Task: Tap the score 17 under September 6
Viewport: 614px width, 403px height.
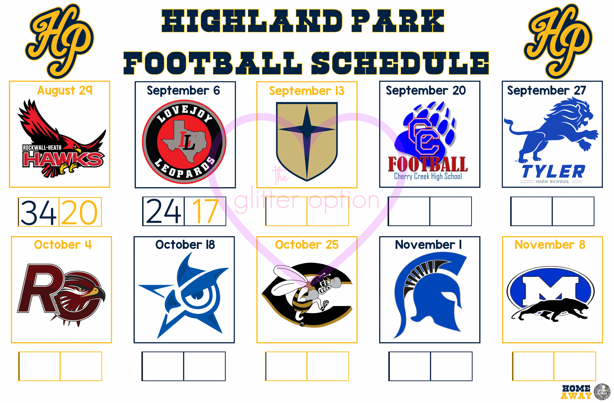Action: (x=205, y=211)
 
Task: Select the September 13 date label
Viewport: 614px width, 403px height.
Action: (x=307, y=91)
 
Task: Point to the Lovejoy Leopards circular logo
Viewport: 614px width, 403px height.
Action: (x=184, y=142)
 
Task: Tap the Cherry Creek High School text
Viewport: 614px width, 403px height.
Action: (x=428, y=176)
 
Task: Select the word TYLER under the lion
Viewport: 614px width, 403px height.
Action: (x=553, y=172)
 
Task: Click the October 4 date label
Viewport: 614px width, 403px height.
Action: (x=63, y=245)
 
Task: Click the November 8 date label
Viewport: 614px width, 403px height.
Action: (x=550, y=245)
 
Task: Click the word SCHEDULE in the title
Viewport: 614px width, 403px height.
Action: (x=400, y=63)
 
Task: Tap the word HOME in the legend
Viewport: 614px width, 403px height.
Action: (x=576, y=389)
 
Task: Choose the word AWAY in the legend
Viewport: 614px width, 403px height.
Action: (x=576, y=396)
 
